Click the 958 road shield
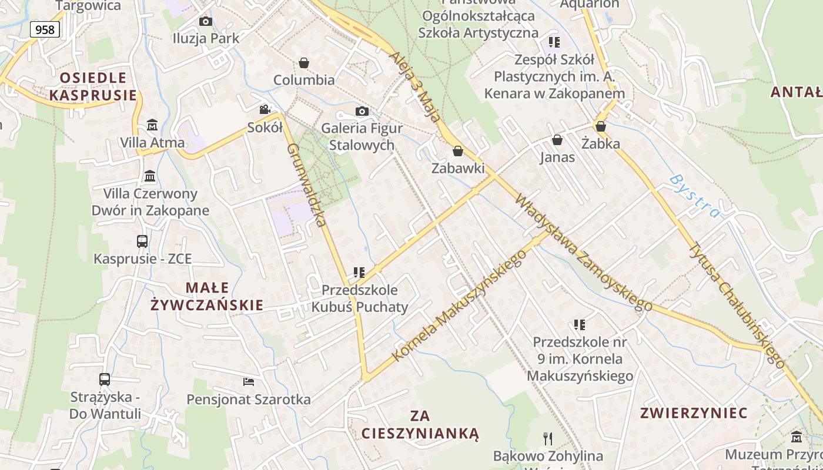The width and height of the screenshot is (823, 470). [x=45, y=29]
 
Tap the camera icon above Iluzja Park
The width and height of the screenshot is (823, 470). [x=205, y=22]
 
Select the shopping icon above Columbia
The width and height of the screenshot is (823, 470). [x=304, y=62]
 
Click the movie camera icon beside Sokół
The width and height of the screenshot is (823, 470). [x=265, y=110]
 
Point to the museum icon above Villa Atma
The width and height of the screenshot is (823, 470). [x=152, y=125]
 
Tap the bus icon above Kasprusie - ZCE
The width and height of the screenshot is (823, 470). [x=142, y=241]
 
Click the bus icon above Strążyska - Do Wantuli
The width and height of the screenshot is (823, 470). [x=105, y=380]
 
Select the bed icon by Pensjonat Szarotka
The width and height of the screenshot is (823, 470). [x=249, y=382]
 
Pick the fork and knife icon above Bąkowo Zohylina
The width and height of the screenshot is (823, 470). [x=548, y=438]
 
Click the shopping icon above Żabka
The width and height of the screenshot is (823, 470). [x=601, y=126]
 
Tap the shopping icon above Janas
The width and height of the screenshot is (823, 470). [x=557, y=140]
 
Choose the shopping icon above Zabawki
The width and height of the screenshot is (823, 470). [x=458, y=151]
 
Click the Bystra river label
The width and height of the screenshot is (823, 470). [x=694, y=196]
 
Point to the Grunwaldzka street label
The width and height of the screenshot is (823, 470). [x=306, y=184]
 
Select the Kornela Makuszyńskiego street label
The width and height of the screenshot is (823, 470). [x=459, y=305]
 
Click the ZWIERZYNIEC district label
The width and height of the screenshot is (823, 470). [x=694, y=413]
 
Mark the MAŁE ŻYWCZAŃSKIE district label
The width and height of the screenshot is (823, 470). [x=207, y=296]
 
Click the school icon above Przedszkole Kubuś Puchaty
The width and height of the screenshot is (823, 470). [x=359, y=273]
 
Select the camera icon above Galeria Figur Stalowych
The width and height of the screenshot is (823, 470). [x=362, y=112]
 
